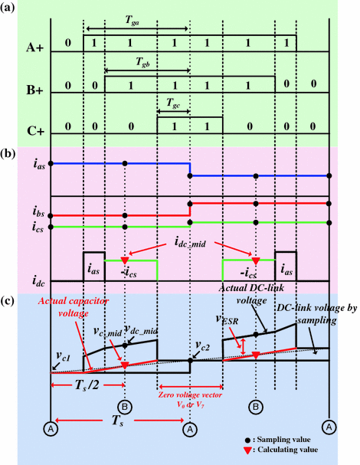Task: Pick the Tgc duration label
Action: (x=174, y=102)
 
